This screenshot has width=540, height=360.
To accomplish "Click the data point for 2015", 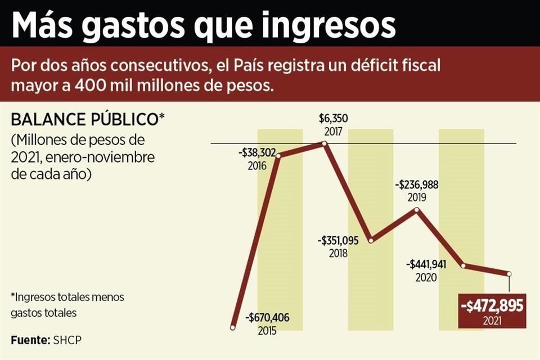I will click(x=232, y=327).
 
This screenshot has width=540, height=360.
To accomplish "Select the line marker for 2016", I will click(x=279, y=155).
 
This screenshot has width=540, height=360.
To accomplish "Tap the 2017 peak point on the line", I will click(x=325, y=143).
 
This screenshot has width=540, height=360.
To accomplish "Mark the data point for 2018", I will click(x=370, y=241).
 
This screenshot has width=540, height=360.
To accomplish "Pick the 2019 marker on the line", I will click(x=416, y=210).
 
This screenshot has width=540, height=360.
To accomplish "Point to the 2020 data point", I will click(x=463, y=265).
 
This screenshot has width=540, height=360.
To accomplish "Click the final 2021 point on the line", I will click(x=509, y=274).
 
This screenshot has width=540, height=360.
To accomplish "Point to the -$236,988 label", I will click(x=417, y=184).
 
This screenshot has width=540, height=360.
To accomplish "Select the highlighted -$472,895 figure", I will click(x=492, y=307).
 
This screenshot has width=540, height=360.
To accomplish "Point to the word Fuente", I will click(x=30, y=340).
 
